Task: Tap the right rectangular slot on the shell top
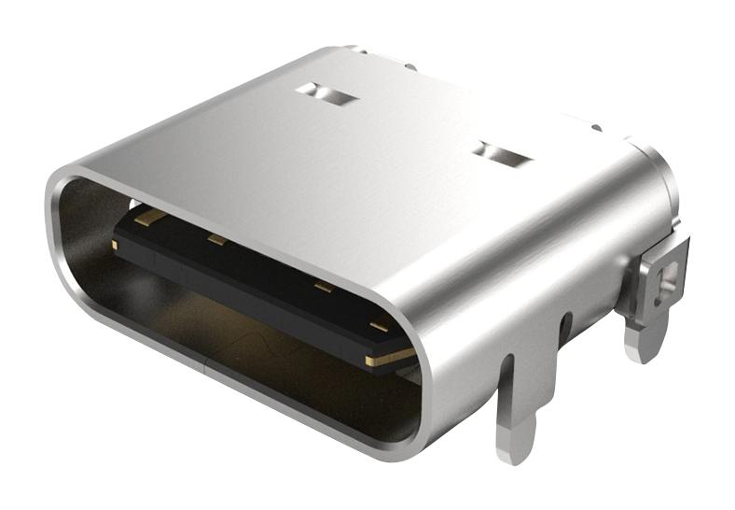[502, 154]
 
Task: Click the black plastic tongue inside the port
[261, 280]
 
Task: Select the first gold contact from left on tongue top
[150, 218]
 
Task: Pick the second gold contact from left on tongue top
[217, 241]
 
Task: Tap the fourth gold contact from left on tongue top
[378, 326]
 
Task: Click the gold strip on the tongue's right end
[390, 357]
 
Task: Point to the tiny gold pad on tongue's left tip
[114, 245]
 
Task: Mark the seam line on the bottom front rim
[203, 366]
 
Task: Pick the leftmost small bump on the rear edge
[353, 47]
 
